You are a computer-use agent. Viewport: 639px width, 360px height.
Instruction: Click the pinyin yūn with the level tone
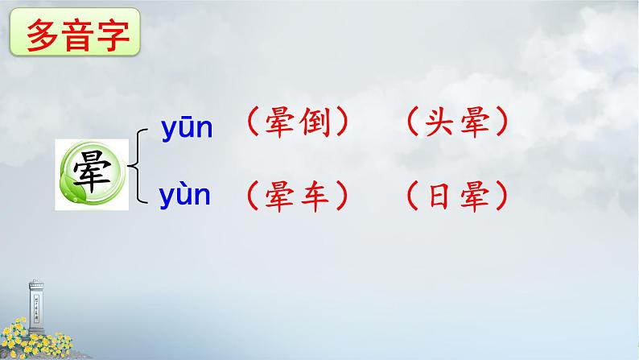click(186, 128)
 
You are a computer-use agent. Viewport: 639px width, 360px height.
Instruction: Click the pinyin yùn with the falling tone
click(186, 195)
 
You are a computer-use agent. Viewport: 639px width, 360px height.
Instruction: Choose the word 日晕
click(456, 195)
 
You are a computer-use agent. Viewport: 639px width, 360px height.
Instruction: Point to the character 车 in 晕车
click(315, 195)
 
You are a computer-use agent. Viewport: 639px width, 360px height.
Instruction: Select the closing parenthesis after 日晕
click(501, 195)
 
